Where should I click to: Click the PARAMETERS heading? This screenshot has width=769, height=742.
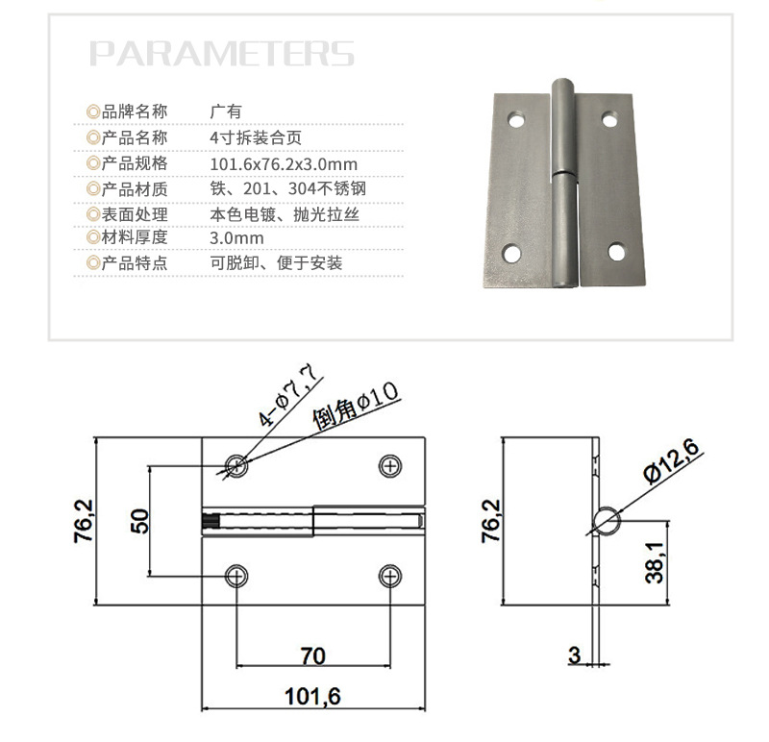tap(222, 53)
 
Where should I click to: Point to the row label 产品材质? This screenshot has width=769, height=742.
tap(134, 188)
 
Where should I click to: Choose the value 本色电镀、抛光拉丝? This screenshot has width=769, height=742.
tap(284, 213)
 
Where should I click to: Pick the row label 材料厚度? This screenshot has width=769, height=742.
tap(134, 237)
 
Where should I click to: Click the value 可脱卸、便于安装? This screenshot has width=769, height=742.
tap(276, 262)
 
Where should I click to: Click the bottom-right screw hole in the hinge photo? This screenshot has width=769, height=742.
tap(615, 252)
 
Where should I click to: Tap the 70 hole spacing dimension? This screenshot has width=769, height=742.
tap(312, 655)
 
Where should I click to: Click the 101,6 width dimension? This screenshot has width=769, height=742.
tap(312, 696)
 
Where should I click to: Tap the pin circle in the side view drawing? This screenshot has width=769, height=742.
tap(607, 520)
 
